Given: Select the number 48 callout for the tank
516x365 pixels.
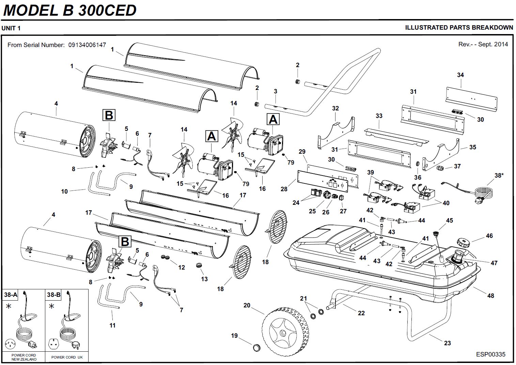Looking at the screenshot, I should click(x=490, y=295).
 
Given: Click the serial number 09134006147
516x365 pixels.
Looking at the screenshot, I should click(x=87, y=45).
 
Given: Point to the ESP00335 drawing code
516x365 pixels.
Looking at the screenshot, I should click(x=490, y=354).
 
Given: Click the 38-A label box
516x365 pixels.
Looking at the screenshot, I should click(x=11, y=295).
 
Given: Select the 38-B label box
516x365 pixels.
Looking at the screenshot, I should click(x=54, y=295).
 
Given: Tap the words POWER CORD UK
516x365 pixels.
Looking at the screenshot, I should click(x=67, y=357).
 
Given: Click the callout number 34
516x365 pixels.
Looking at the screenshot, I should click(x=460, y=75).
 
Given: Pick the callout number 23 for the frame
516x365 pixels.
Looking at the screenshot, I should click(x=448, y=343).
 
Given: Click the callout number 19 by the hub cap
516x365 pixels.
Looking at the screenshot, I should click(x=234, y=336).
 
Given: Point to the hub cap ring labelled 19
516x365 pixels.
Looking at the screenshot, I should click(x=255, y=348).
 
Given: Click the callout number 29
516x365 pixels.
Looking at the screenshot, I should click(x=302, y=152).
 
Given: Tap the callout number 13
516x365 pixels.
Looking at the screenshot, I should click(x=204, y=279).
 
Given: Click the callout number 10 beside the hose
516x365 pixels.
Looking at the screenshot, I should click(x=64, y=192).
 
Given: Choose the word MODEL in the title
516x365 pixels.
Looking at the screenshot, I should click(x=30, y=10).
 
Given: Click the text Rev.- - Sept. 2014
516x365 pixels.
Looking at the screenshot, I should click(x=483, y=44).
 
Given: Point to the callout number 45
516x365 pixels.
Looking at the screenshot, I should click(x=450, y=220).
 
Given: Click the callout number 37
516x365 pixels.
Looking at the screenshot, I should click(x=457, y=166).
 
